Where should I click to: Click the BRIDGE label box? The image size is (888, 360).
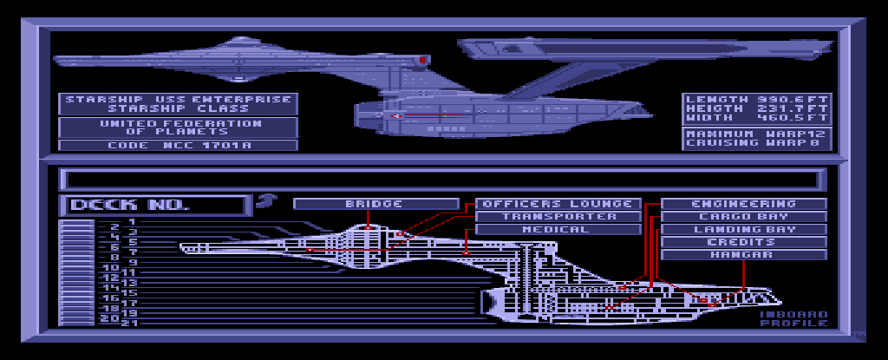point(375,204)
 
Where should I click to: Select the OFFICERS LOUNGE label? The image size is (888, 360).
point(558,204)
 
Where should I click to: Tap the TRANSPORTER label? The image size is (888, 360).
point(558,217)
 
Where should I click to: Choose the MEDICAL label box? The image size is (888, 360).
point(558,230)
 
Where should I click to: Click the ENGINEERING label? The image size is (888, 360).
point(744,204)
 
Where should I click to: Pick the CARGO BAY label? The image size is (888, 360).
point(744,217)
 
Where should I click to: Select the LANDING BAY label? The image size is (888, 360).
point(744,230)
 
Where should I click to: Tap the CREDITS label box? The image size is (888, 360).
point(744,242)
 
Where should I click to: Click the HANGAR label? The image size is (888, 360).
point(744,255)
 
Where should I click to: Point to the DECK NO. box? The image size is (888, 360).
point(152,206)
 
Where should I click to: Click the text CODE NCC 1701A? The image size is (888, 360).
point(178,146)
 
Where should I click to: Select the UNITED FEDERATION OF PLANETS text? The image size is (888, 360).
point(178,128)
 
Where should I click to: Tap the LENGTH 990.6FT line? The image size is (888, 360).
point(757,99)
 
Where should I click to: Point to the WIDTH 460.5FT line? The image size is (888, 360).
point(757,118)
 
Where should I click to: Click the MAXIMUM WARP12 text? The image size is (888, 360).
point(757,134)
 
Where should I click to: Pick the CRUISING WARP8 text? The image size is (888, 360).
point(757,144)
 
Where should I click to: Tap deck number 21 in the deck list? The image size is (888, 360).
point(131,323)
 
